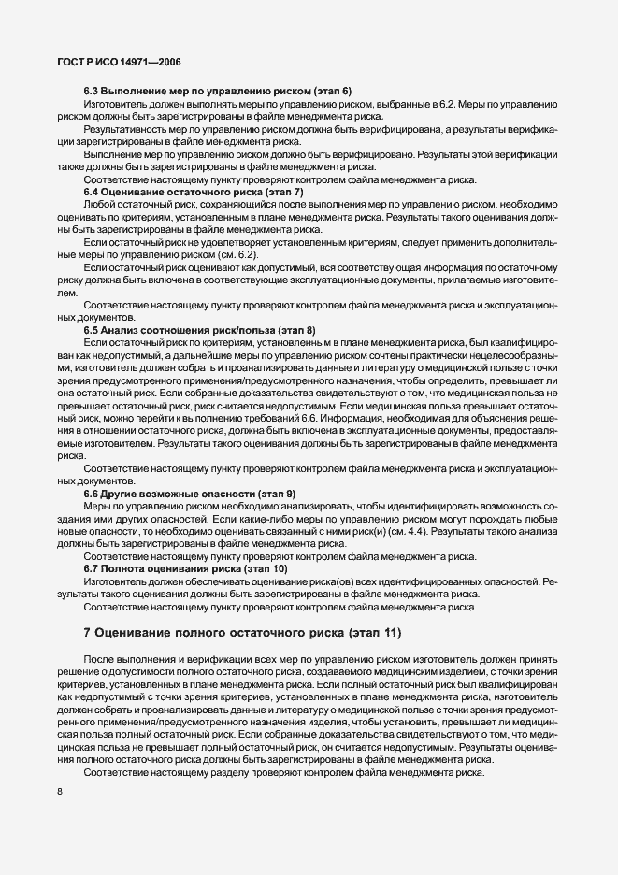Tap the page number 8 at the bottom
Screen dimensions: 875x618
(x=59, y=792)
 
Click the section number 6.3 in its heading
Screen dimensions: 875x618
(x=92, y=91)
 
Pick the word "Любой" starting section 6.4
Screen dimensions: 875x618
(x=99, y=204)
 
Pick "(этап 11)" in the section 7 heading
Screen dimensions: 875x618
(x=368, y=633)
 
